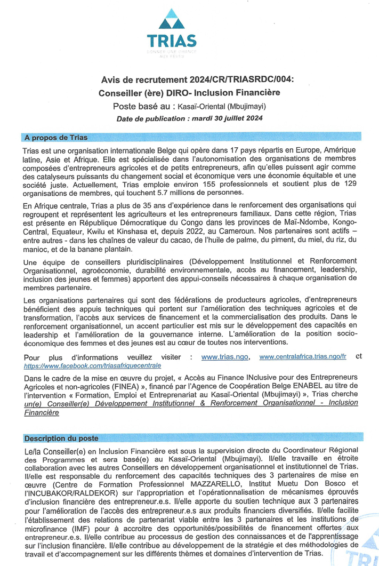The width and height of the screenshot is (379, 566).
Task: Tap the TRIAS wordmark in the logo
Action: (x=172, y=41)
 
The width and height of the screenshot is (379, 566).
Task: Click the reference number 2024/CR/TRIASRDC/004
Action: (x=244, y=79)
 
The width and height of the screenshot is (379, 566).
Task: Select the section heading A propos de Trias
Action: (x=55, y=138)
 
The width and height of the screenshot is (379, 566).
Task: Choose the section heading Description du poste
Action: (x=61, y=439)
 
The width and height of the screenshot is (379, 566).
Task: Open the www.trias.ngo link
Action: (x=223, y=356)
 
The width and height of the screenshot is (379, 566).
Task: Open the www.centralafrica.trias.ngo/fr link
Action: (x=303, y=356)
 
